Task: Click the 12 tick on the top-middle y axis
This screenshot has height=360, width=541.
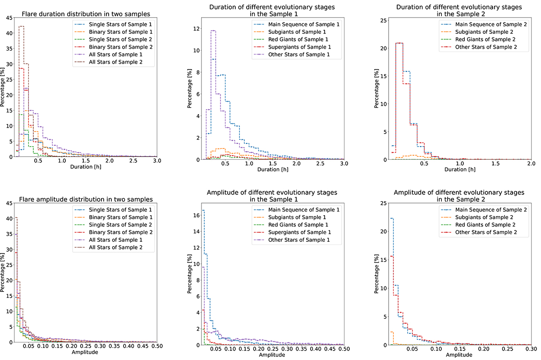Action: click(x=197, y=28)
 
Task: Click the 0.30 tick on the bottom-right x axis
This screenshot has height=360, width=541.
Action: click(x=531, y=350)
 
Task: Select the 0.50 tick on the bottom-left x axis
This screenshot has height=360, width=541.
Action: click(x=156, y=350)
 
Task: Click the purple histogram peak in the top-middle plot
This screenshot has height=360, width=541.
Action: click(x=213, y=31)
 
